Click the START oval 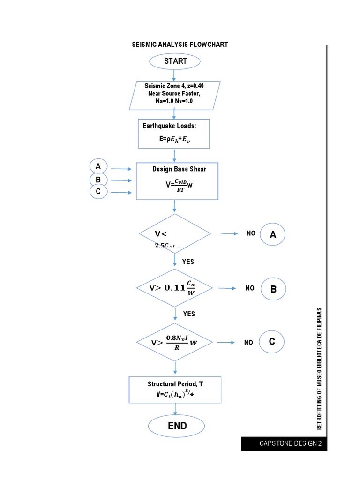coord(175,61)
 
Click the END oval coord(176,426)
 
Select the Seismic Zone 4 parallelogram coord(174,94)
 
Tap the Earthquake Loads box coord(174,133)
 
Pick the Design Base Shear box coord(177,181)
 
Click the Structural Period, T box coord(175,389)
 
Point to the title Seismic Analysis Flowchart coord(180,45)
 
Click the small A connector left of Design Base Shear coord(98,166)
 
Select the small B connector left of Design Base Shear coord(98,180)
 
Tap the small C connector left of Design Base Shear coord(98,192)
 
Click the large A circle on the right coord(273,234)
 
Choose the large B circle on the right coord(273,289)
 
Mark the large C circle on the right coord(271,343)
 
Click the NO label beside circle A coord(251,233)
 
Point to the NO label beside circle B coord(250,288)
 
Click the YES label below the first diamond coord(188,262)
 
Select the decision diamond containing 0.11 coord(174,288)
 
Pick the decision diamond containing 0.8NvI coord(174,342)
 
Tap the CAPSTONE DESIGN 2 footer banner coord(284,443)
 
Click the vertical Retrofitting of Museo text coord(319,368)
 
